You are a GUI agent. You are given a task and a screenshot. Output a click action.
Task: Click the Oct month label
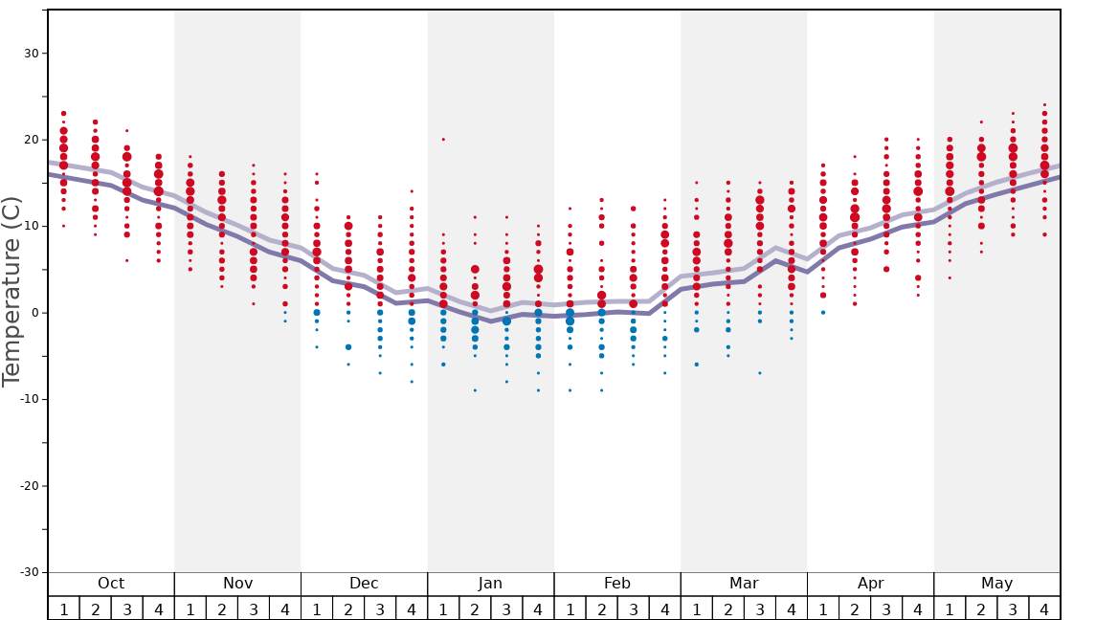tap(111, 584)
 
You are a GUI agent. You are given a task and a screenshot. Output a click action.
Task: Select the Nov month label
tap(237, 584)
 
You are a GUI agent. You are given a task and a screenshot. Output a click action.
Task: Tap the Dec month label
tap(364, 584)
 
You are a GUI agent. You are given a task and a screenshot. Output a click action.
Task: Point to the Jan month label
tap(490, 584)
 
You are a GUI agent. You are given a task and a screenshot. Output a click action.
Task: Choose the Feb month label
tap(617, 584)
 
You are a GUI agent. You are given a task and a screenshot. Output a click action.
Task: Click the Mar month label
tap(744, 584)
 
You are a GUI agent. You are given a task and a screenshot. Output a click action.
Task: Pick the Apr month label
tap(870, 584)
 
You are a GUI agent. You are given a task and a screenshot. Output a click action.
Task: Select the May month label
tap(996, 584)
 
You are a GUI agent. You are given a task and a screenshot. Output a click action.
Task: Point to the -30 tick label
tap(29, 572)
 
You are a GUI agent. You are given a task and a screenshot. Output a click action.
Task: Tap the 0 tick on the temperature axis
tap(34, 313)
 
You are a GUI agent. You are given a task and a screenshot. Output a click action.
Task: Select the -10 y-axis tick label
tap(29, 399)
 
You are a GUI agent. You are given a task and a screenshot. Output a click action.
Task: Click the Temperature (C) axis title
tap(11, 292)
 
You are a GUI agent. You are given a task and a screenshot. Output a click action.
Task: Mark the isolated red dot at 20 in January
tap(443, 140)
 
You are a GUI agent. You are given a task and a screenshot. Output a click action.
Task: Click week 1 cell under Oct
tap(64, 609)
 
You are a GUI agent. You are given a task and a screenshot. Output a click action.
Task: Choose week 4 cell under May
tap(1044, 609)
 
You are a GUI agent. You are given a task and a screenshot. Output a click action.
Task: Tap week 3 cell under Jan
tap(506, 609)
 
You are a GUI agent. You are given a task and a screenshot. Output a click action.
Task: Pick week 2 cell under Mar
tap(728, 609)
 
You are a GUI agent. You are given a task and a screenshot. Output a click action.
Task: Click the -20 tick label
tap(29, 486)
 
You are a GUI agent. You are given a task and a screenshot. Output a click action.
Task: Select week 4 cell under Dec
tap(412, 609)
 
